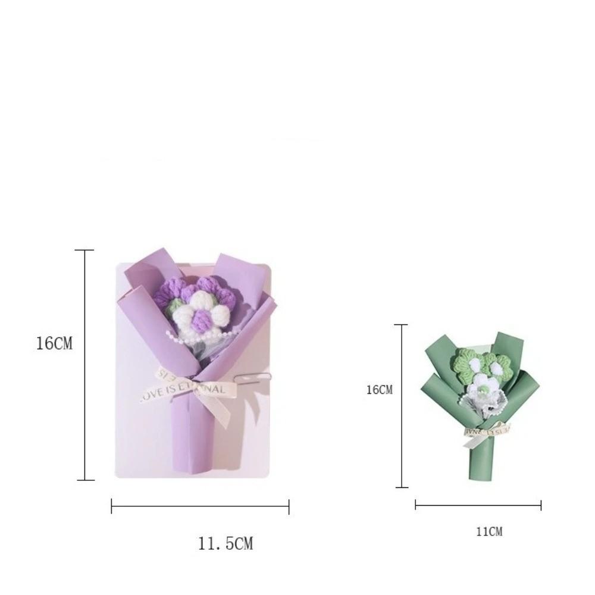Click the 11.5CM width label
point(225,543)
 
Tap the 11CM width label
point(488,531)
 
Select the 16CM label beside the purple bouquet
point(54,343)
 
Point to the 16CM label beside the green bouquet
point(379,390)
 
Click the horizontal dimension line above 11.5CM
point(200,507)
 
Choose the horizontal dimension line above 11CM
point(478,506)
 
